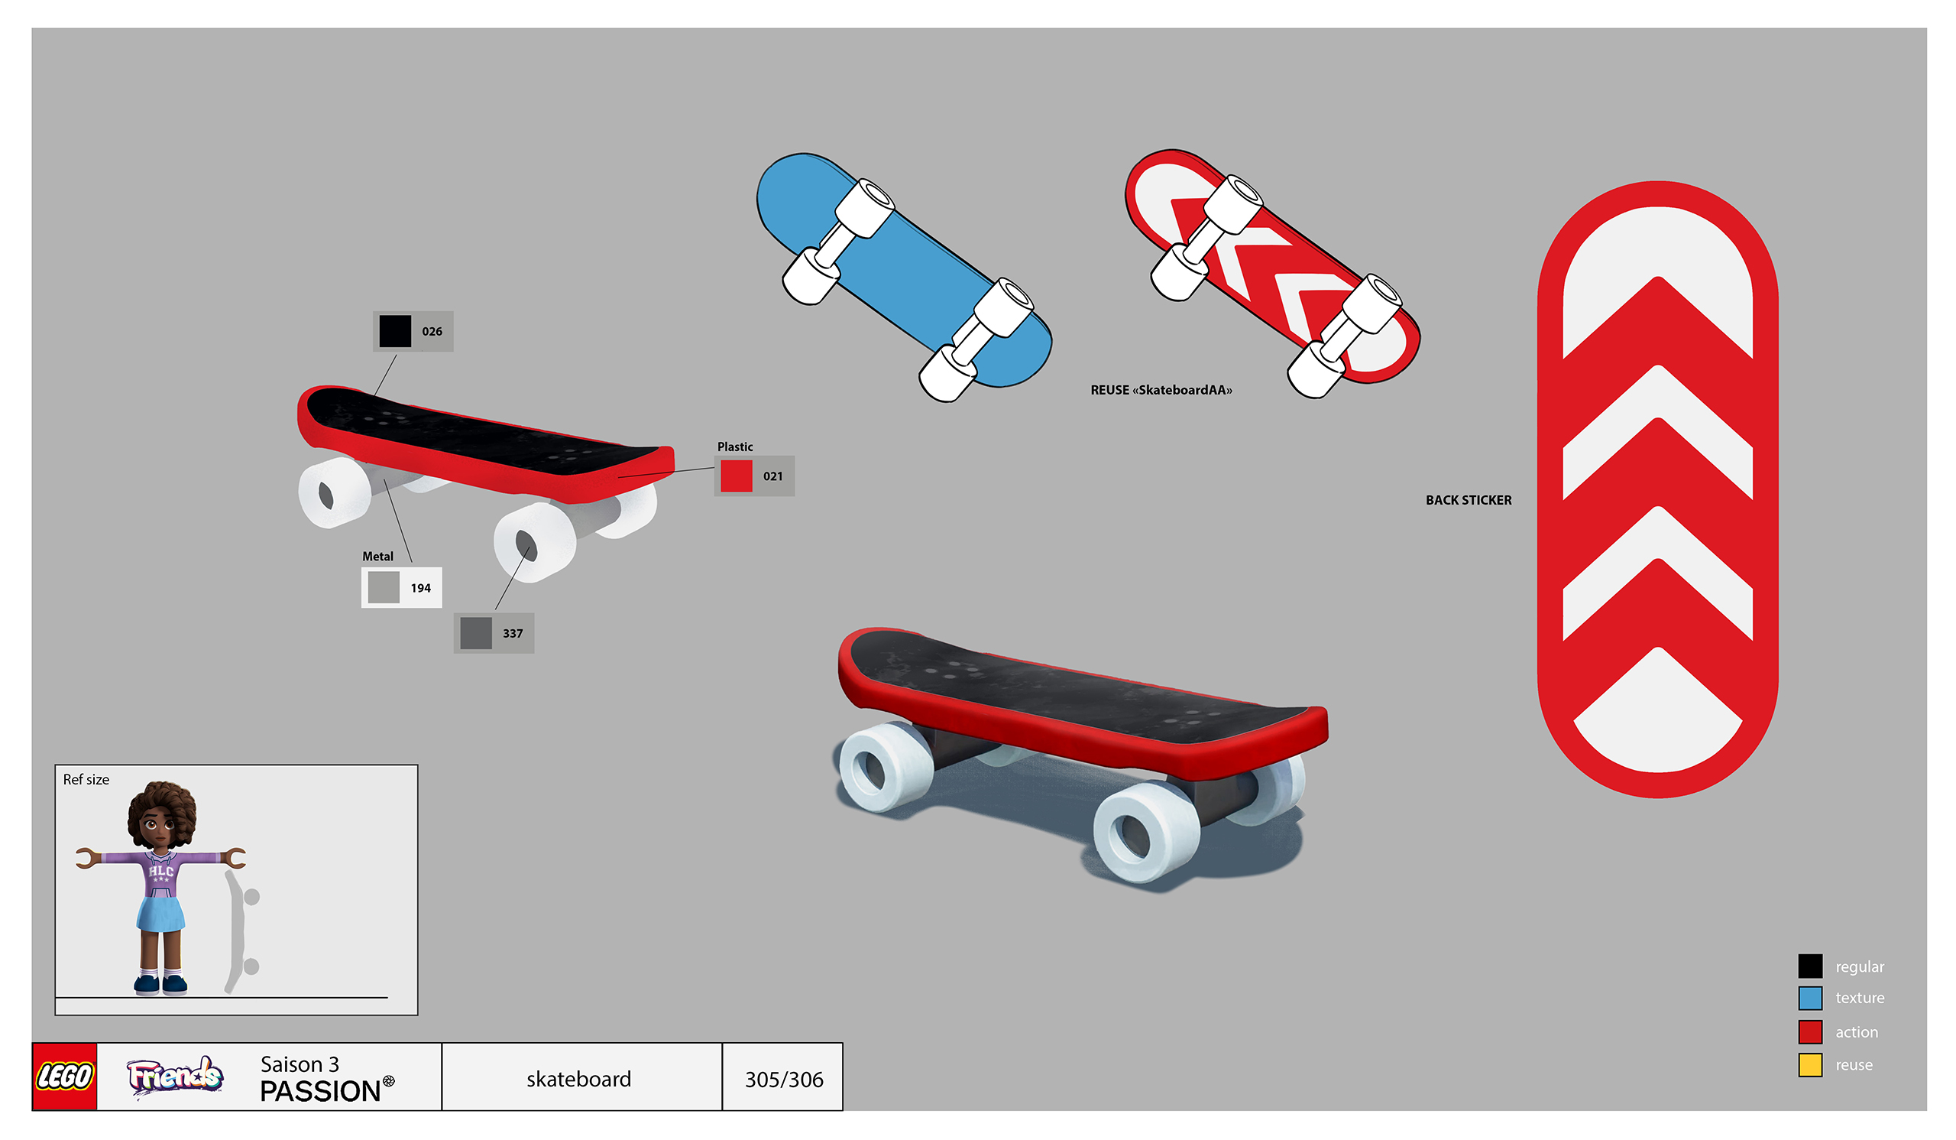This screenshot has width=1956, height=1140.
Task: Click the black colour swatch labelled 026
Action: [395, 332]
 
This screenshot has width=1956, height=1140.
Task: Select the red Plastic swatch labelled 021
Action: [736, 476]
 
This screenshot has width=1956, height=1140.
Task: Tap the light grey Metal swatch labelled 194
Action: [384, 588]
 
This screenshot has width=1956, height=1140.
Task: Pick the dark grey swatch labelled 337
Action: [476, 633]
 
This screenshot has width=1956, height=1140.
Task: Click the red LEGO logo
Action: [64, 1077]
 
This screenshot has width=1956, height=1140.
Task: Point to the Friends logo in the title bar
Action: [176, 1077]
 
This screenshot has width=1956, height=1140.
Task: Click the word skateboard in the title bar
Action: [579, 1080]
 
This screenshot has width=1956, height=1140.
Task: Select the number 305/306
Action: [784, 1080]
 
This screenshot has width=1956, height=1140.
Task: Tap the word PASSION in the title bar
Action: [321, 1092]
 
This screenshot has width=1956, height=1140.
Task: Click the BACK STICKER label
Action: [1469, 501]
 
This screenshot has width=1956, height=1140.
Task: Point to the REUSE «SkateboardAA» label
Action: [1161, 391]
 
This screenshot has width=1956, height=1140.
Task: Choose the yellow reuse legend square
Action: [1810, 1064]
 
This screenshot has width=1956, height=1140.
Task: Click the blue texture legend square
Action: [1810, 998]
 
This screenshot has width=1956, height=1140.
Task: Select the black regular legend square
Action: [1810, 966]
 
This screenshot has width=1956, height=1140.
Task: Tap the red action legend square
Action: [1810, 1032]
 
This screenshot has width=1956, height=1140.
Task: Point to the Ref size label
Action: [86, 780]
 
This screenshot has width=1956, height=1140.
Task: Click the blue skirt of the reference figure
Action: [160, 913]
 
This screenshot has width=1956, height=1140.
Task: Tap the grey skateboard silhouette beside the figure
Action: [241, 931]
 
